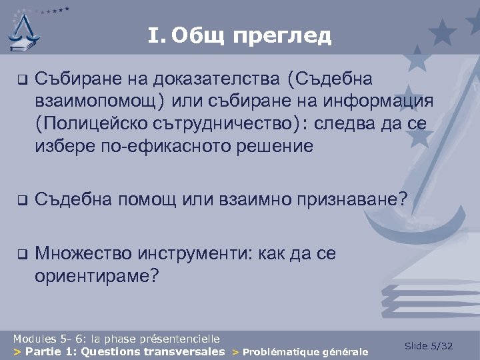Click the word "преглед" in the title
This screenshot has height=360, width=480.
click(x=282, y=35)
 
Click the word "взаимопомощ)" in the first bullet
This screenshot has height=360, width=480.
click(x=101, y=102)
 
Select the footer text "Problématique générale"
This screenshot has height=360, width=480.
click(x=305, y=351)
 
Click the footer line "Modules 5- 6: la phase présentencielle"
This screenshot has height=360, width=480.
click(x=116, y=339)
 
